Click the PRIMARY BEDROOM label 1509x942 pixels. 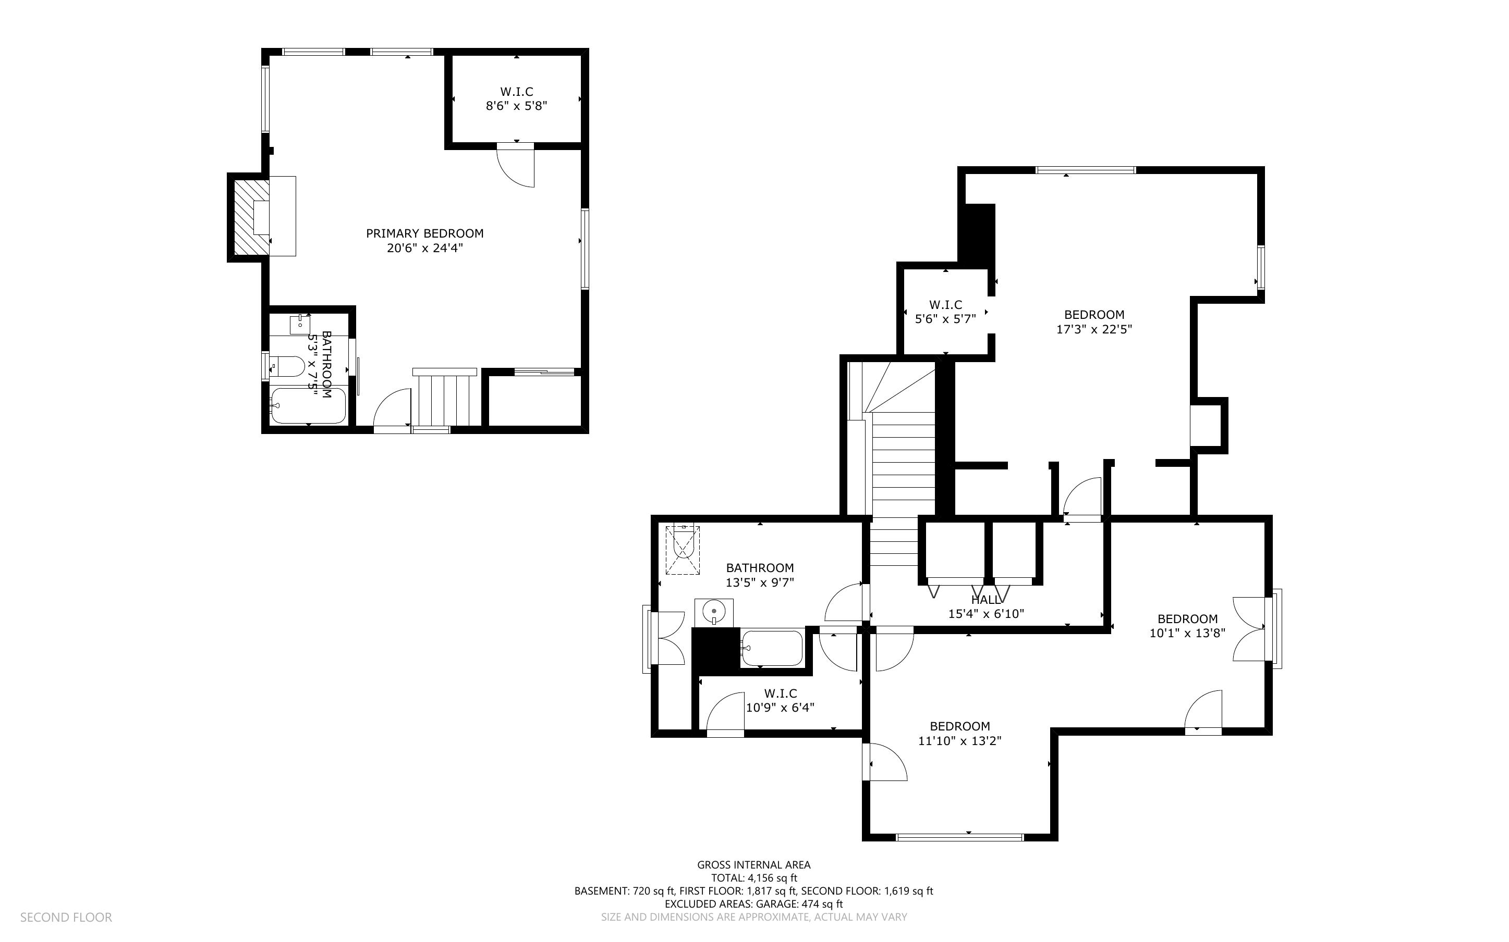click(424, 233)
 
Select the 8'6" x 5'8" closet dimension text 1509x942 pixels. click(516, 106)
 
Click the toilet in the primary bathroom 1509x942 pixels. click(288, 366)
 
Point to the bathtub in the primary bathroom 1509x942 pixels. click(308, 405)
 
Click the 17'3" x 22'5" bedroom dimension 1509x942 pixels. click(1093, 330)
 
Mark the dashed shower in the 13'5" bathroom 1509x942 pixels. click(683, 550)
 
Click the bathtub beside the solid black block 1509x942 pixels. click(772, 649)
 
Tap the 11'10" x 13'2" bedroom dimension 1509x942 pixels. click(959, 741)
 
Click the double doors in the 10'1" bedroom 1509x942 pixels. click(1250, 629)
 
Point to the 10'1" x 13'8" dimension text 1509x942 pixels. click(1187, 634)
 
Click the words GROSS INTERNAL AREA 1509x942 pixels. click(753, 865)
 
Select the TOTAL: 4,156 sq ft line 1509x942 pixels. click(753, 878)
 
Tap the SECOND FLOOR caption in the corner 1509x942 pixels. click(66, 918)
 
